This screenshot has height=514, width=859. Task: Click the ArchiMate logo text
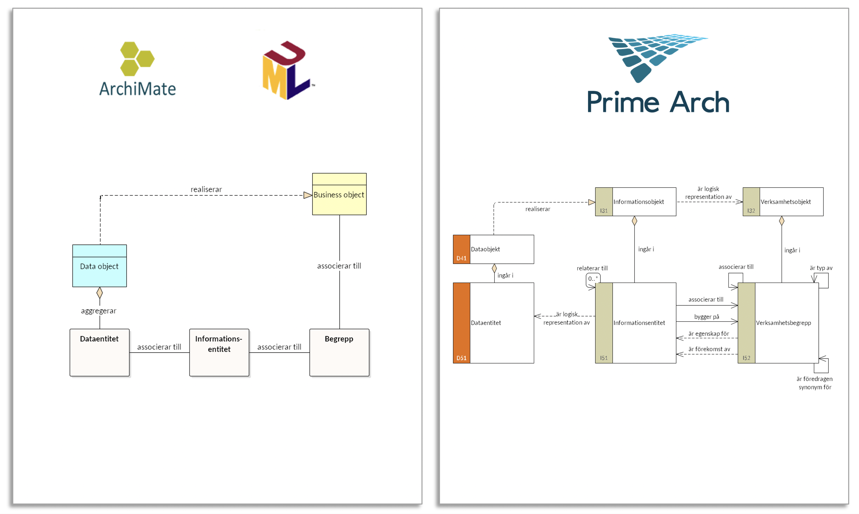click(x=137, y=89)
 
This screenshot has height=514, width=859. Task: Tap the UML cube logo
click(x=288, y=70)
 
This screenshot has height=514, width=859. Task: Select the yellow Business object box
click(x=339, y=194)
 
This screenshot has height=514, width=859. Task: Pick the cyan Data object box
click(x=99, y=266)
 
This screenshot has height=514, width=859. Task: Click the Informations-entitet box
click(x=219, y=352)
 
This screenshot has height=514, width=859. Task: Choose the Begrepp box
click(x=339, y=352)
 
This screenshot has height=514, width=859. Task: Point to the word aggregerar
click(x=98, y=311)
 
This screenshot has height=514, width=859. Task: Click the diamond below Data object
click(x=100, y=293)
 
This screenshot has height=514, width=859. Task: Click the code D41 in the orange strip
click(x=461, y=258)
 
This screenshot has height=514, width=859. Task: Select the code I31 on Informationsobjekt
click(x=604, y=211)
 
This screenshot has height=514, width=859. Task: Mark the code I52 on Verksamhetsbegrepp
click(x=747, y=358)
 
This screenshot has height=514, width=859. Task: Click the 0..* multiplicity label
click(x=593, y=279)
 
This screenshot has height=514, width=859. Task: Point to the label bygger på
click(x=707, y=317)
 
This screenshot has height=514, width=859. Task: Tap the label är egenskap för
click(x=708, y=334)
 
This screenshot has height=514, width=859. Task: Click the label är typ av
click(x=821, y=268)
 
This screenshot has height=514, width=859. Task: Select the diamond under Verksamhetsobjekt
click(x=782, y=221)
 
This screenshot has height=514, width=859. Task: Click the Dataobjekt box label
click(x=485, y=249)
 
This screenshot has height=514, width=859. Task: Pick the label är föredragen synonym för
click(x=815, y=383)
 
